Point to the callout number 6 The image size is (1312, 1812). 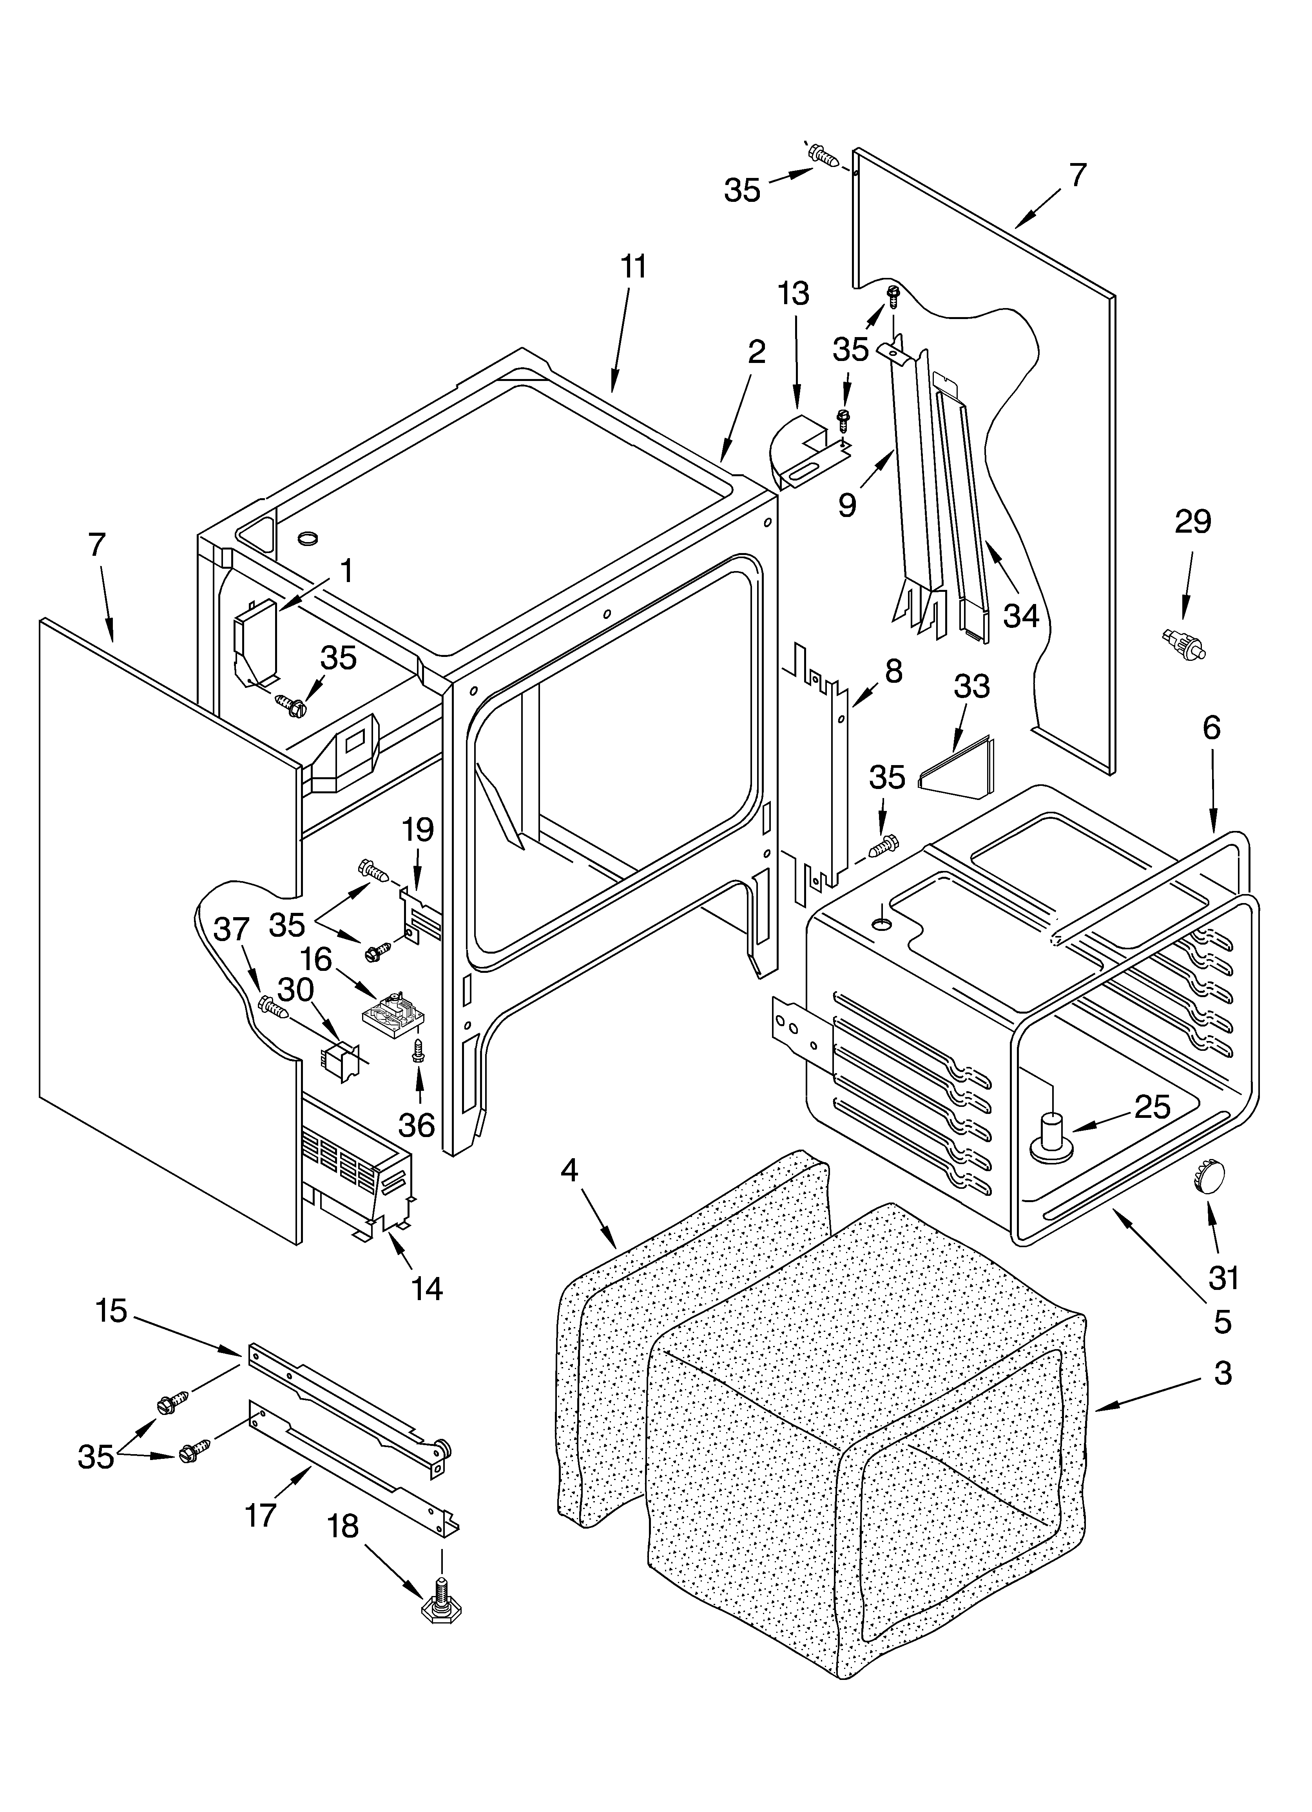tap(1211, 728)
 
